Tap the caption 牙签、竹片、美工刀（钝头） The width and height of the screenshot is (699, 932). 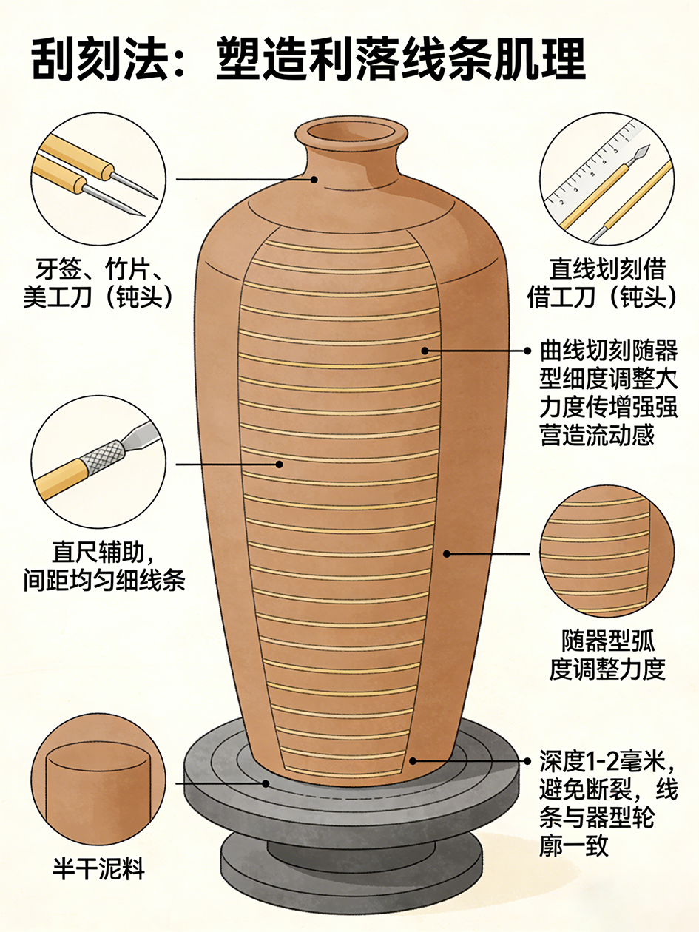tap(98, 283)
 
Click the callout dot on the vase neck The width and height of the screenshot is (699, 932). tap(314, 179)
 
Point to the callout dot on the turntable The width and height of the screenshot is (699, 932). tap(266, 783)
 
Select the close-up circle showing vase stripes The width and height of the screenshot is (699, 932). tap(607, 553)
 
